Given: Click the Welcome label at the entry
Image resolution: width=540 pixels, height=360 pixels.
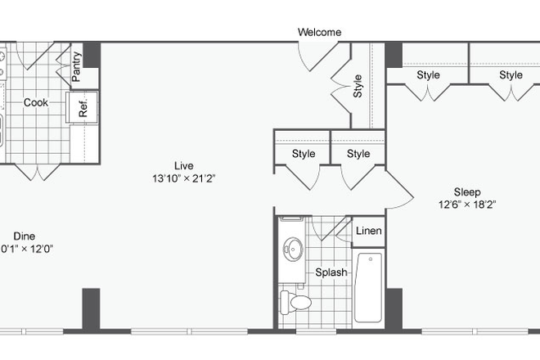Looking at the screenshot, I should point(319,32).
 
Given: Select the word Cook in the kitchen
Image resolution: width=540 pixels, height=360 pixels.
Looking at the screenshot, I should point(35,103).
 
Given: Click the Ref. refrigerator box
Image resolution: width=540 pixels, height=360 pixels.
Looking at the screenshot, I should point(84,106).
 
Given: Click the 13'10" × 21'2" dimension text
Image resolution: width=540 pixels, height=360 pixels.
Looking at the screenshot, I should point(183,178).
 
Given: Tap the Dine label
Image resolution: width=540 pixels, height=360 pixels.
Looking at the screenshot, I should point(24,235).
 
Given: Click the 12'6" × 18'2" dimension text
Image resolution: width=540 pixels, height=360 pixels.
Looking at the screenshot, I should point(466,205).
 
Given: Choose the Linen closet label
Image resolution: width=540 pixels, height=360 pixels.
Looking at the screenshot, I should point(368,232).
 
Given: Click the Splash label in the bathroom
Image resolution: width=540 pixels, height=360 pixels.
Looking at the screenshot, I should point(331,272).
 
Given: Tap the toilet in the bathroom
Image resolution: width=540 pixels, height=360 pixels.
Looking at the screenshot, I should point(296,303).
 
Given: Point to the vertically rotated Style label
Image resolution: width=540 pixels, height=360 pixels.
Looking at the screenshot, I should point(358,87).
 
